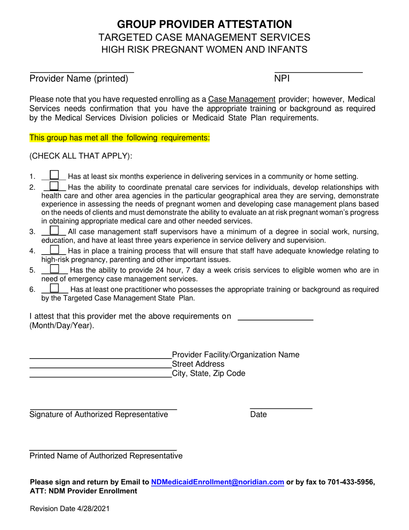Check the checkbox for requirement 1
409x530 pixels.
click(x=54, y=175)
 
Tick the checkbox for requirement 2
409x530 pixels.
click(x=54, y=186)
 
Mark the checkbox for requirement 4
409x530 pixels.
click(x=54, y=249)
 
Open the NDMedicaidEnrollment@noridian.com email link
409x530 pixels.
click(x=217, y=483)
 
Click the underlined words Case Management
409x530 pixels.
click(x=242, y=99)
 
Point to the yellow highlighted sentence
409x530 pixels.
click(x=119, y=138)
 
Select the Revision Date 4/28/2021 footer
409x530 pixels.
click(x=69, y=509)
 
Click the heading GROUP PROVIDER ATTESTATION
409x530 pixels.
click(x=204, y=24)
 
